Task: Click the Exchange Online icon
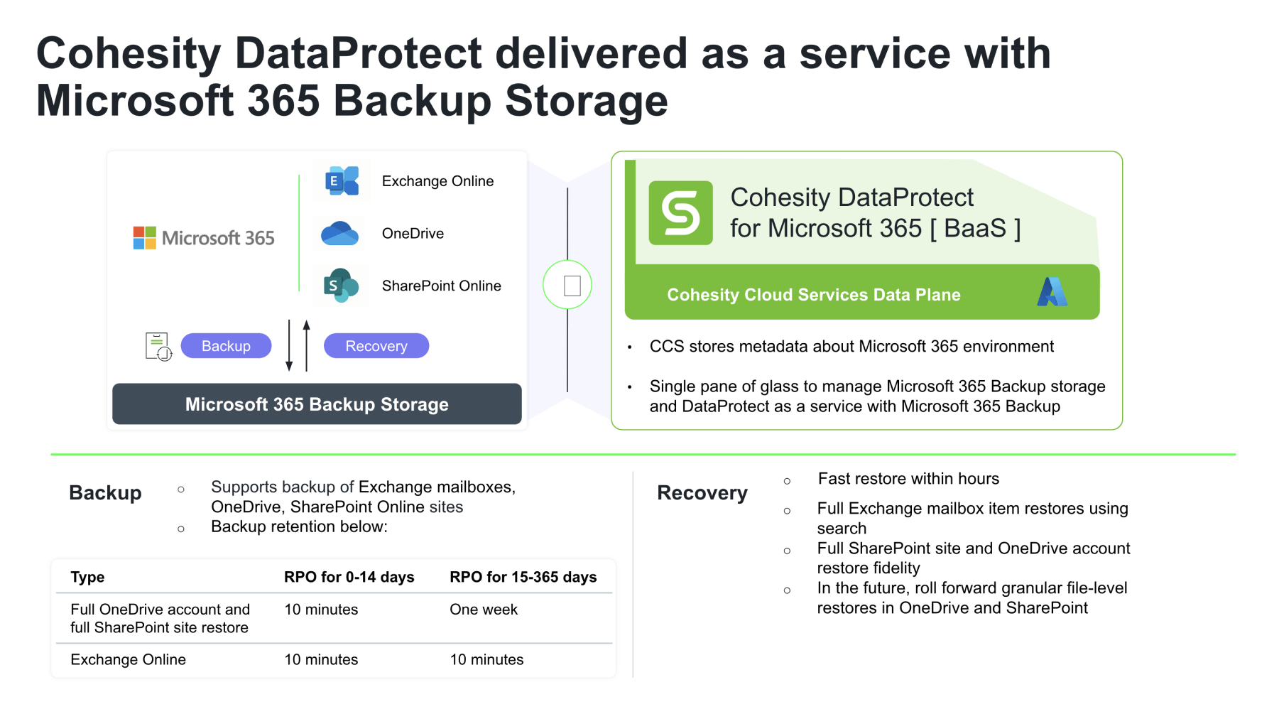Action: point(342,180)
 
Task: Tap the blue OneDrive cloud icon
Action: point(339,234)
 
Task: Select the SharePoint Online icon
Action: point(341,286)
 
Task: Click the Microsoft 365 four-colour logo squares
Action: point(145,238)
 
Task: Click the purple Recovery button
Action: point(376,346)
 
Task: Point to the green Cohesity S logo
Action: point(680,213)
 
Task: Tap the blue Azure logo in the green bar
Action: point(1052,292)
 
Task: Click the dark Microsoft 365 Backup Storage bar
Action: point(317,404)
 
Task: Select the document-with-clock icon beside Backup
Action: point(158,347)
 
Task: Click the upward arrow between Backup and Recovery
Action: point(307,345)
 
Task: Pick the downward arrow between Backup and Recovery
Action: point(289,345)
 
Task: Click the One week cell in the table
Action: point(484,610)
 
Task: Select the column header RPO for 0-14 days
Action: point(349,577)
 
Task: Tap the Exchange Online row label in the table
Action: point(128,659)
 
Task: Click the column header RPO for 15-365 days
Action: point(523,577)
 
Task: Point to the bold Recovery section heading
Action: point(702,493)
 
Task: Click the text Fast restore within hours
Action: point(908,479)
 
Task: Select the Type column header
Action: point(87,577)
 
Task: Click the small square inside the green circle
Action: point(572,286)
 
